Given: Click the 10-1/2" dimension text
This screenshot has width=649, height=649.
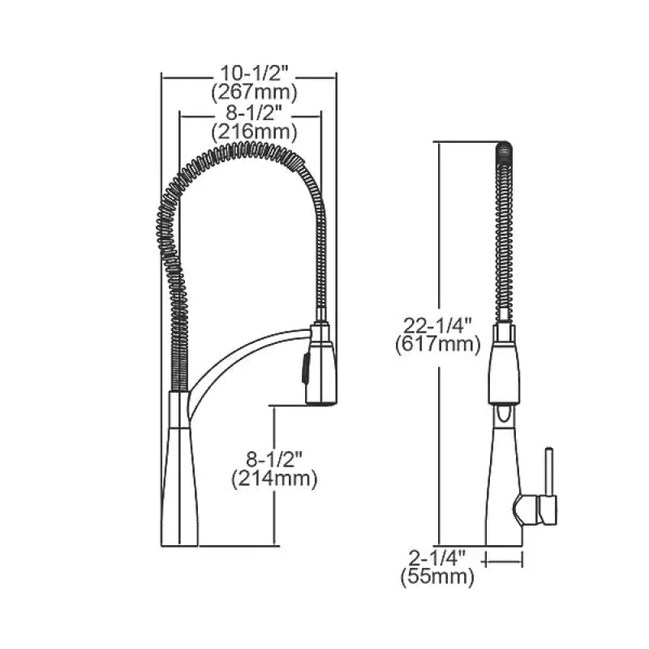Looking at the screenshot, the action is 254,74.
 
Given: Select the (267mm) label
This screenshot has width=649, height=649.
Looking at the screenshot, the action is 254,92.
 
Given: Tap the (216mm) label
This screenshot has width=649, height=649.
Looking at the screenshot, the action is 254,132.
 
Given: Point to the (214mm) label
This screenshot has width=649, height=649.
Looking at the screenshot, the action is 274,479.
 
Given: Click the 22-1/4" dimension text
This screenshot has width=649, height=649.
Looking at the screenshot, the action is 437,326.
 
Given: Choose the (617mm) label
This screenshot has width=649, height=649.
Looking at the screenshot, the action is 438,345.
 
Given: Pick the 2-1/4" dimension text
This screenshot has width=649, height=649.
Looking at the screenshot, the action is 437,557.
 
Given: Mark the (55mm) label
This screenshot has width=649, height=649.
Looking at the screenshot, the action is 437,576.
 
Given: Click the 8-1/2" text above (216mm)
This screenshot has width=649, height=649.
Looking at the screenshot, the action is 254,113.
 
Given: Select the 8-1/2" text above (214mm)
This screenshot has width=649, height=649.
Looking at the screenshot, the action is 274,459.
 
